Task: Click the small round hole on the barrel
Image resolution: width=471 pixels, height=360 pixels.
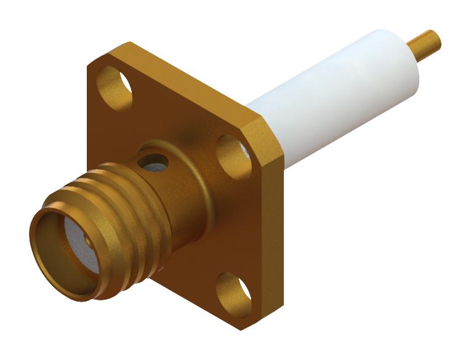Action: click(153, 162)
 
